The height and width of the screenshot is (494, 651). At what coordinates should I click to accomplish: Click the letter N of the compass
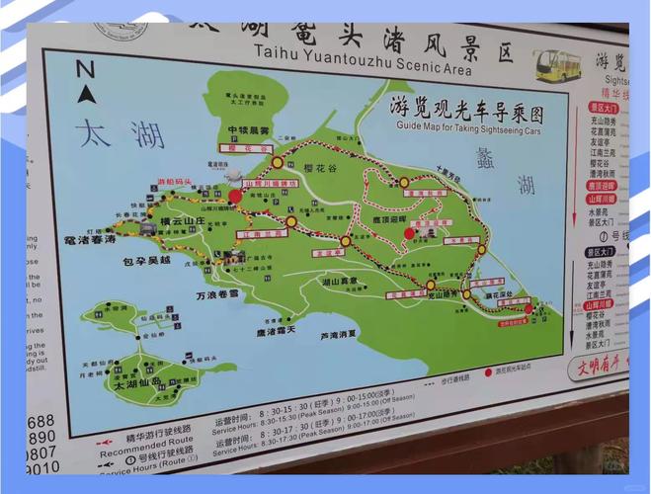coord(86,68)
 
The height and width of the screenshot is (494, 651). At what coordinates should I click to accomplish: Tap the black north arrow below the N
coord(86,95)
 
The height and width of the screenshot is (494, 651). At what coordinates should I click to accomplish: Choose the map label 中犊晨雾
coord(248,130)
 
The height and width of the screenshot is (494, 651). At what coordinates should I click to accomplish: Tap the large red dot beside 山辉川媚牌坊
coord(235,196)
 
